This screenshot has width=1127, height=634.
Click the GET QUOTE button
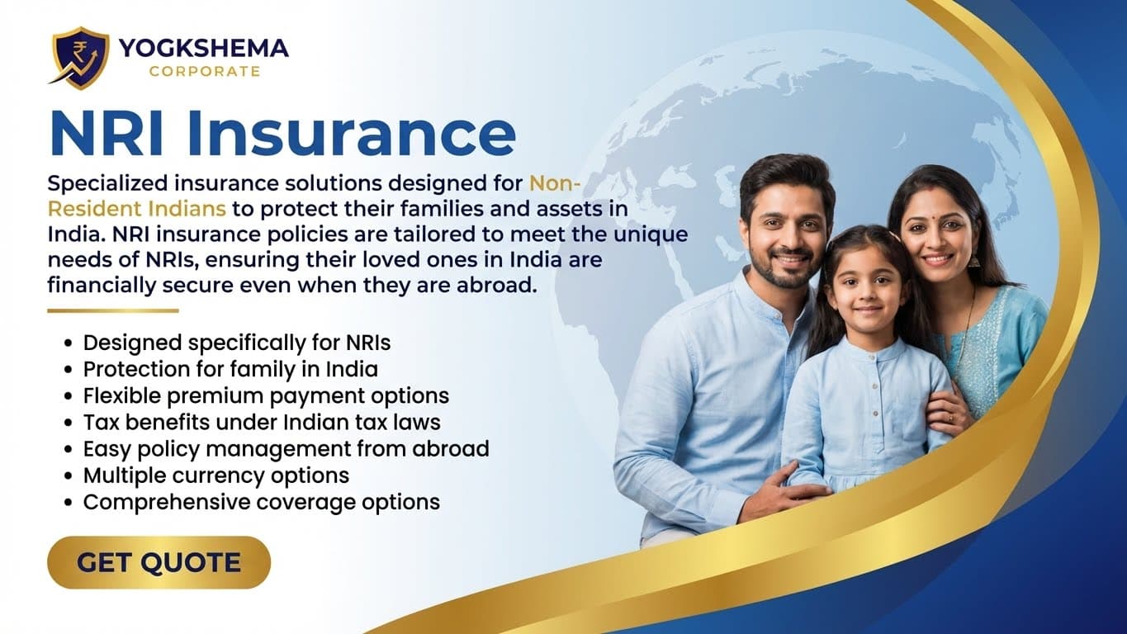[x=159, y=563]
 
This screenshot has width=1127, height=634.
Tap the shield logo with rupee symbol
[x=79, y=57]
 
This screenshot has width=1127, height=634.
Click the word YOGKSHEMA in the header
[x=203, y=49]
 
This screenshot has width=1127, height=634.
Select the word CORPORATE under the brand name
[x=204, y=72]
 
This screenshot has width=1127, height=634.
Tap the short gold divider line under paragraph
[x=112, y=311]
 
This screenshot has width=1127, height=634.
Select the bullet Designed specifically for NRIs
[x=237, y=343]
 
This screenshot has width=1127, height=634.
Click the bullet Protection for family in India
[x=230, y=369]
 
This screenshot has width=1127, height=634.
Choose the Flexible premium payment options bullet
[x=266, y=395]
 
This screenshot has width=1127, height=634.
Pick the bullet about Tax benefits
[x=262, y=422]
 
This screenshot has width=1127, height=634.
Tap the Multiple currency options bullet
[x=215, y=475]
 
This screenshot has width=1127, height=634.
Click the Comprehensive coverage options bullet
[x=261, y=502]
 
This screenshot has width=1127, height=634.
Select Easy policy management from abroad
[x=286, y=449]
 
